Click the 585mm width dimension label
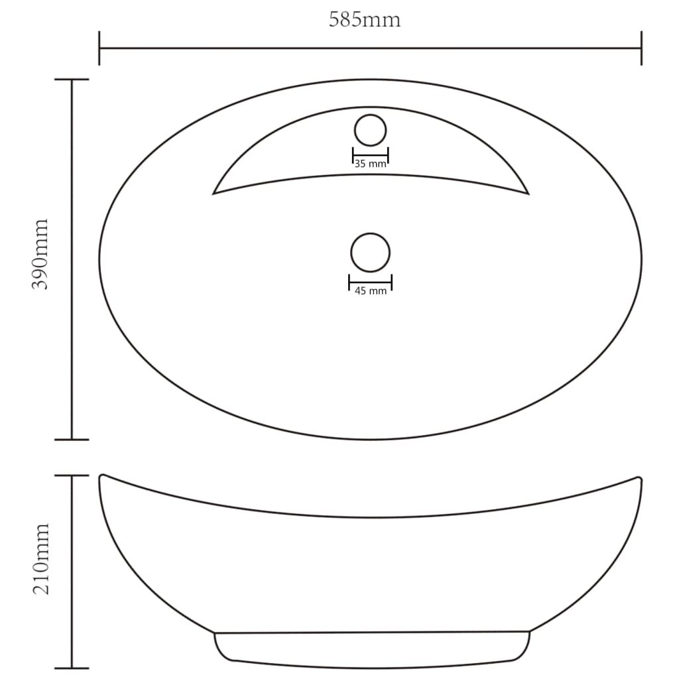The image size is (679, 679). click(x=365, y=20)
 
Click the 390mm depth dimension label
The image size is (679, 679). click(x=41, y=254)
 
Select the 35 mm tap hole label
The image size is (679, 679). click(x=370, y=164)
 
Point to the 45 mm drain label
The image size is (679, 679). click(x=370, y=291)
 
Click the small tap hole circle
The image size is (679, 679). click(x=370, y=130)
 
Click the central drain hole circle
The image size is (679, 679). click(x=370, y=253)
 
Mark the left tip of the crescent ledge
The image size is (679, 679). click(x=214, y=193)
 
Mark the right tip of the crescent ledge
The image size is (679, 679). click(x=527, y=193)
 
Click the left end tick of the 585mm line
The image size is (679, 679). click(x=99, y=48)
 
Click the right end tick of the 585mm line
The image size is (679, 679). click(x=641, y=48)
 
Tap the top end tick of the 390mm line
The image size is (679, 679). click(x=71, y=80)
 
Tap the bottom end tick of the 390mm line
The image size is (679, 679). click(x=71, y=439)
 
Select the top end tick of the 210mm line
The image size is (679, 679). click(x=71, y=475)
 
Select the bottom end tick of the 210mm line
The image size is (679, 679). click(x=71, y=668)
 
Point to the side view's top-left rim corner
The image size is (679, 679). click(x=101, y=476)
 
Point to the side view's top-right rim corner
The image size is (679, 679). click(x=639, y=478)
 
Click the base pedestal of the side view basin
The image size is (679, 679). click(x=371, y=647)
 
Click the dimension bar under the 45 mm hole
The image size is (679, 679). click(x=370, y=282)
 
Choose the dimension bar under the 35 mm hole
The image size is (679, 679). click(x=370, y=156)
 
